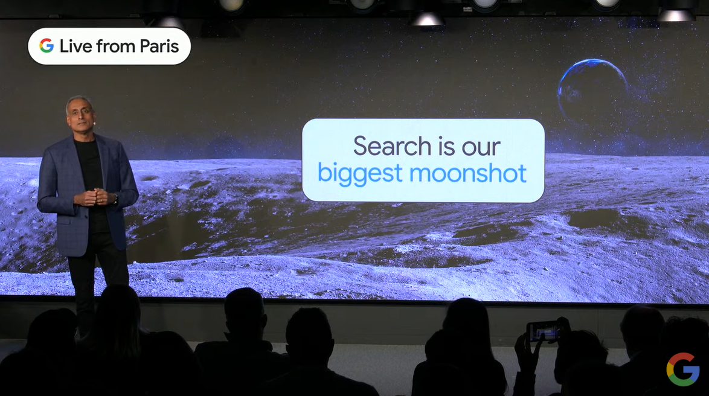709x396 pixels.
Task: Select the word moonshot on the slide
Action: click(x=468, y=173)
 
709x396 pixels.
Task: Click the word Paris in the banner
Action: click(x=159, y=46)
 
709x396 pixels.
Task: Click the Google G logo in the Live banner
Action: click(x=47, y=46)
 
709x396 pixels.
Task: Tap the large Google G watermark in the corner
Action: click(x=683, y=369)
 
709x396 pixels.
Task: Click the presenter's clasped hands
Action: click(x=94, y=197)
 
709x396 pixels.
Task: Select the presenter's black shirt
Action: click(x=91, y=181)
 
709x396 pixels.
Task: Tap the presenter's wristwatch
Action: click(x=115, y=199)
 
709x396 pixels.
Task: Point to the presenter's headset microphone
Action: click(x=94, y=121)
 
